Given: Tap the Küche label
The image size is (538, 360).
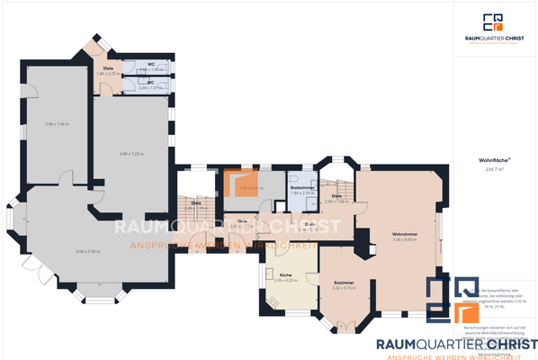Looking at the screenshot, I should coord(284,274).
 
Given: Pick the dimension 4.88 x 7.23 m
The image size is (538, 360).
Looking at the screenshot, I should coord(130,153).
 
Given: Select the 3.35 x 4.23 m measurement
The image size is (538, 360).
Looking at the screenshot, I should coord(284,280).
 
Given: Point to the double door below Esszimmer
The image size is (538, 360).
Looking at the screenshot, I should coord(343,327).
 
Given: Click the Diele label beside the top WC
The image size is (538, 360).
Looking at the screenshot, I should coord(107,68).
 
